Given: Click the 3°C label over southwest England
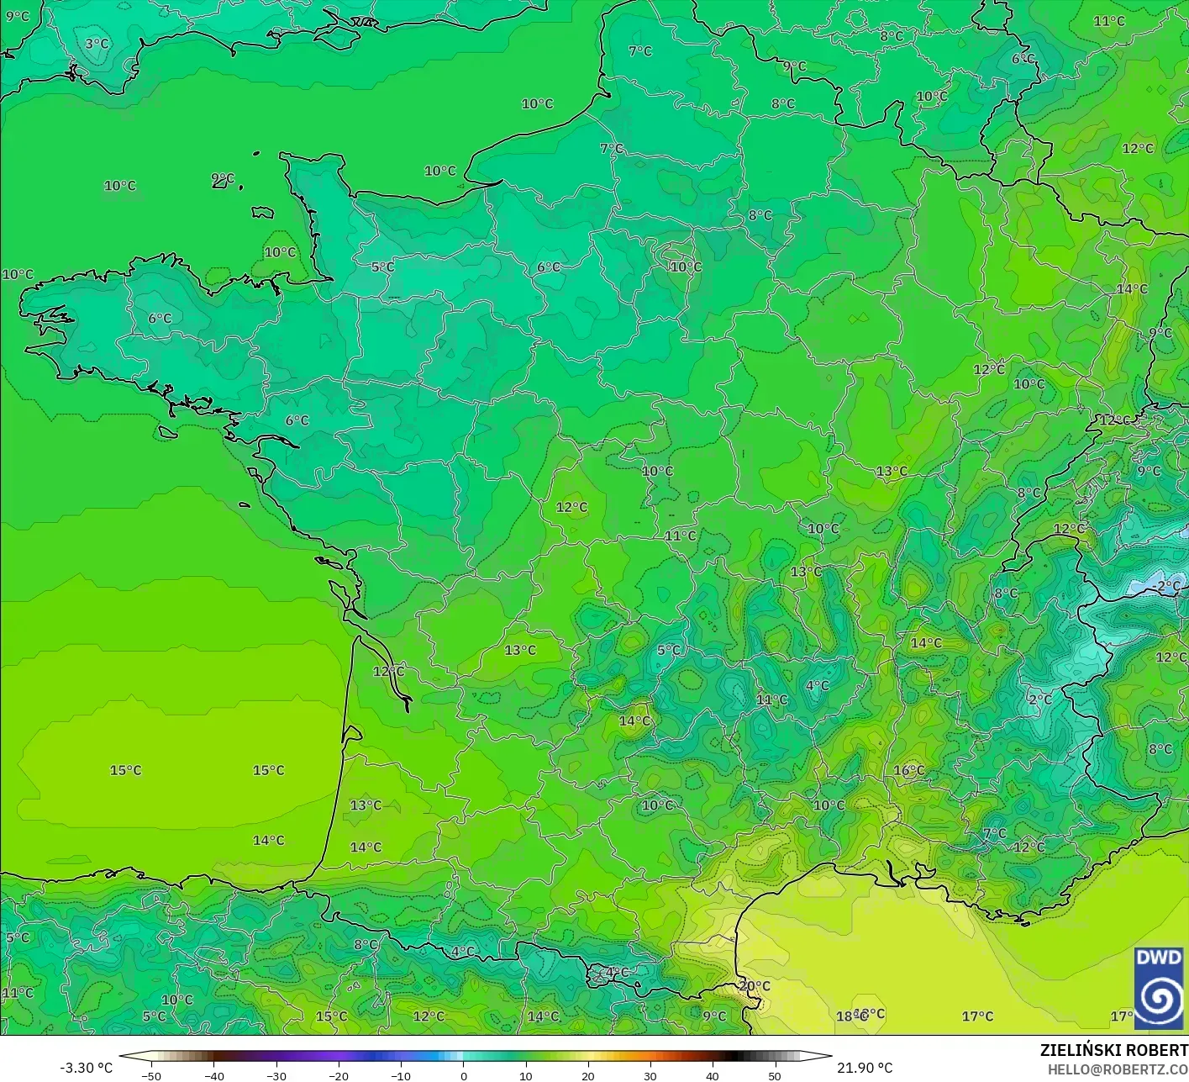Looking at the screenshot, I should (x=97, y=44).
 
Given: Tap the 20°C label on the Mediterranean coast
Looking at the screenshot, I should (x=754, y=986).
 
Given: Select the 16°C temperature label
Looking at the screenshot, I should (x=908, y=770).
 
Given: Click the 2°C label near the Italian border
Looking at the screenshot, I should (x=1039, y=699).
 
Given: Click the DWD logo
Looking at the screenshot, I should (x=1158, y=988).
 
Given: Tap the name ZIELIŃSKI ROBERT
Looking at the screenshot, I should (x=1113, y=1050).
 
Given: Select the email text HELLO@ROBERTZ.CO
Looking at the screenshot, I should (x=1117, y=1069).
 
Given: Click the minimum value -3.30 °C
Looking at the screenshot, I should (x=86, y=1068).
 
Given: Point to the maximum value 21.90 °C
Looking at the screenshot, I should (x=865, y=1068).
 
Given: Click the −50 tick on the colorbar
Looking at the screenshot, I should (x=151, y=1076).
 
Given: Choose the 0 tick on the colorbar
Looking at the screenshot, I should (x=464, y=1076).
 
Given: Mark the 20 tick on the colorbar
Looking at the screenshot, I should (x=588, y=1076).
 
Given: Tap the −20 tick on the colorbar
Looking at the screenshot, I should (x=338, y=1076).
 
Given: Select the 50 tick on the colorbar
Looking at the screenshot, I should (x=775, y=1076).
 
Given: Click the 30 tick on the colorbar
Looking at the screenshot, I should (x=650, y=1076).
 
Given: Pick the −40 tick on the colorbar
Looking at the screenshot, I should (x=213, y=1076).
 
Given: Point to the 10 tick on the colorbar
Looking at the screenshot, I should (x=526, y=1076).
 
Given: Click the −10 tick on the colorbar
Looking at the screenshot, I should (x=401, y=1076).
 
